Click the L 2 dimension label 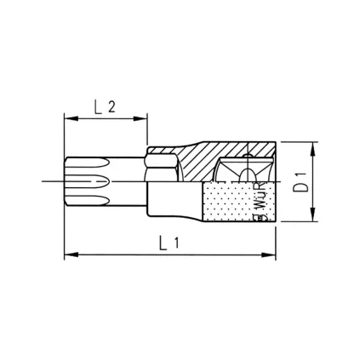(106, 108)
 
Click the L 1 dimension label (169, 242)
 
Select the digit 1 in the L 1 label (177, 242)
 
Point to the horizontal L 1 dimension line (128, 253)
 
